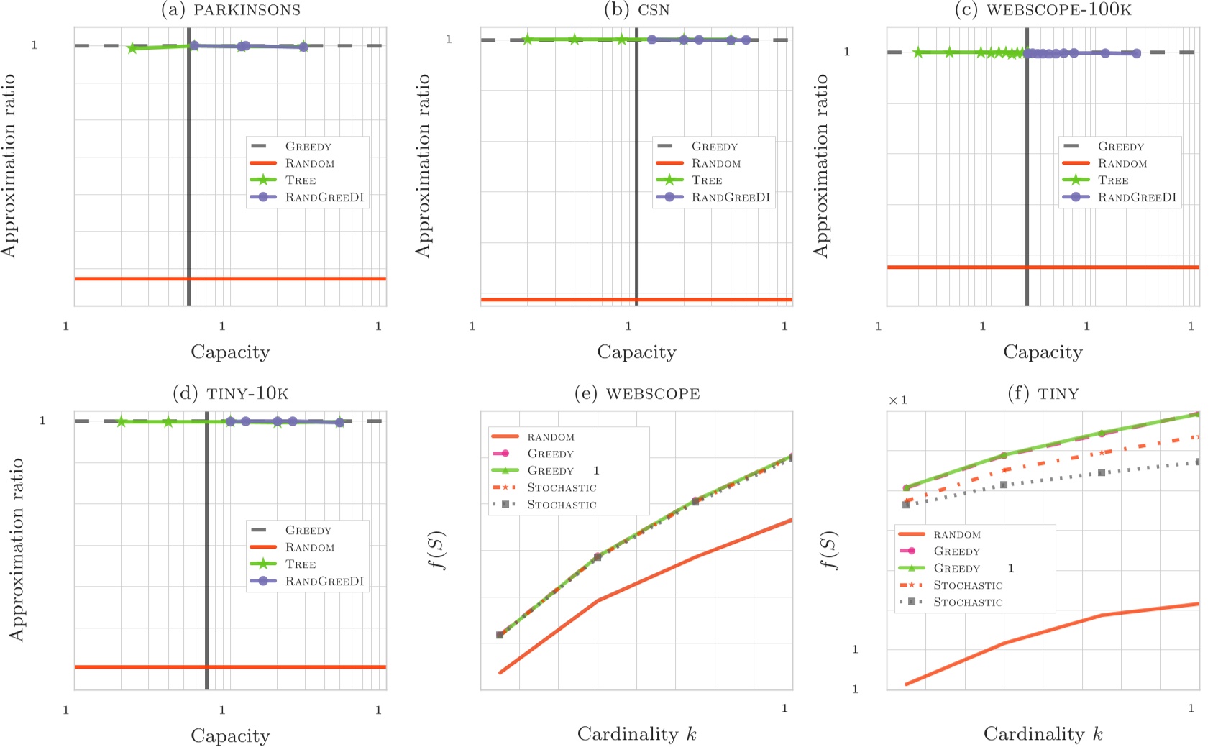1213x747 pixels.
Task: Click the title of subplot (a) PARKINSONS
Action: (x=230, y=9)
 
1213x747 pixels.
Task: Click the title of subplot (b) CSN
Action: (x=637, y=9)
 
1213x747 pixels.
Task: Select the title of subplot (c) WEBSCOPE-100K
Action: (x=1043, y=9)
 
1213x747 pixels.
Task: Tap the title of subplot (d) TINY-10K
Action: (x=230, y=393)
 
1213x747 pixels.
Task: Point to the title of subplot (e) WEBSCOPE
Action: (x=637, y=393)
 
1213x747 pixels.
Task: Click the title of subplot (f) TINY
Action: (x=1043, y=393)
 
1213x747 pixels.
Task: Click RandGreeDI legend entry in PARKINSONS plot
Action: (x=324, y=197)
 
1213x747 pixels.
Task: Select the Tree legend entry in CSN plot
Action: (x=706, y=180)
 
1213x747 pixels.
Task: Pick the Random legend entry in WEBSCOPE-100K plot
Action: (x=1122, y=164)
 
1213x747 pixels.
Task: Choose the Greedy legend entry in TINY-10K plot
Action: (x=308, y=531)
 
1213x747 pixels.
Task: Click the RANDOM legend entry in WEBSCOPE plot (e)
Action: (x=550, y=437)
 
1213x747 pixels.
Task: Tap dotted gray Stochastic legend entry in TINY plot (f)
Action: (x=967, y=602)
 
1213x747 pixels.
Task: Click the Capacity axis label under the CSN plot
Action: (x=636, y=352)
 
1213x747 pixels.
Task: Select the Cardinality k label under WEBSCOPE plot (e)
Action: (x=636, y=734)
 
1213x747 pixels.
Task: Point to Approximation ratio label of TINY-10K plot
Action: (x=16, y=550)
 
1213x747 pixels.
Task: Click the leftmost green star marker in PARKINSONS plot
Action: (x=132, y=48)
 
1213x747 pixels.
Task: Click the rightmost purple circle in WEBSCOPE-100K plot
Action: (x=1136, y=53)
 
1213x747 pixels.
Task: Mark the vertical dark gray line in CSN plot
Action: (x=636, y=180)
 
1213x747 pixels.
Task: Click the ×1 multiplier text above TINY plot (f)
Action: (x=898, y=400)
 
